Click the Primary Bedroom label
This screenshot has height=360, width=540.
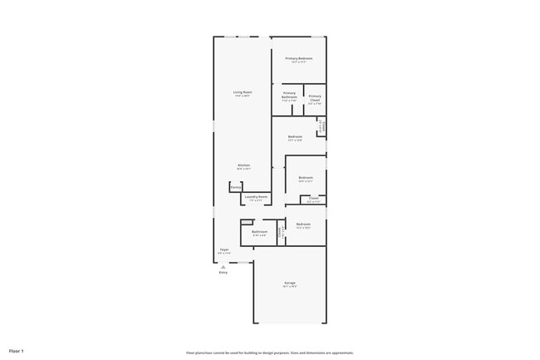pyautogui.click(x=298, y=58)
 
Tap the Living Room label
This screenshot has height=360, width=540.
pyautogui.click(x=242, y=91)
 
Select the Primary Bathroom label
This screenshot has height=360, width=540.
pyautogui.click(x=289, y=95)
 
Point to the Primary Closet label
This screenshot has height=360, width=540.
pyautogui.click(x=315, y=98)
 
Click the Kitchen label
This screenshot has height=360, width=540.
pyautogui.click(x=243, y=165)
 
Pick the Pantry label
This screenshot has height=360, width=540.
pyautogui.click(x=236, y=187)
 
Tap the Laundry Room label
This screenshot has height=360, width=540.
pyautogui.click(x=256, y=197)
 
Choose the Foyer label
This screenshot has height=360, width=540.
pyautogui.click(x=224, y=249)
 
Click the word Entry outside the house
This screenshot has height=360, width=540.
pyautogui.click(x=223, y=272)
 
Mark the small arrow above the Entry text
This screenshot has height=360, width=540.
pyautogui.click(x=223, y=266)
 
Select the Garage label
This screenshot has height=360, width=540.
pyautogui.click(x=290, y=284)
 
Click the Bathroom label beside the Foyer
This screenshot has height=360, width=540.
pyautogui.click(x=260, y=232)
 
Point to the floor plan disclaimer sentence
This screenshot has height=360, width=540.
pyautogui.click(x=269, y=353)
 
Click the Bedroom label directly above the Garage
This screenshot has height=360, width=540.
pyautogui.click(x=303, y=224)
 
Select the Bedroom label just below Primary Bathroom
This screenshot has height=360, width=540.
pyautogui.click(x=295, y=136)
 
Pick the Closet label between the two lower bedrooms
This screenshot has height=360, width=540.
pyautogui.click(x=313, y=198)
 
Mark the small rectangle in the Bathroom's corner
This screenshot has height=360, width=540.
pyautogui.click(x=247, y=221)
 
